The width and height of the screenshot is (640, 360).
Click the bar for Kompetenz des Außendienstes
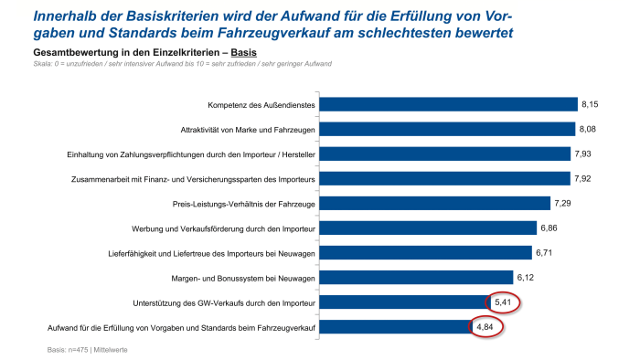click(447, 104)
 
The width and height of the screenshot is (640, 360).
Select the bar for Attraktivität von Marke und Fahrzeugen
click(446, 129)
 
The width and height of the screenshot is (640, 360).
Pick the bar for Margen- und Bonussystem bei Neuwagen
click(415, 277)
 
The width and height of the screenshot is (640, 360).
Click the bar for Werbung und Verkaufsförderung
click(427, 228)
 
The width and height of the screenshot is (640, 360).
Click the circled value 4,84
click(486, 326)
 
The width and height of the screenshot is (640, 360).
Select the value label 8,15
click(592, 104)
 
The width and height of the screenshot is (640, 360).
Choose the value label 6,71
click(546, 252)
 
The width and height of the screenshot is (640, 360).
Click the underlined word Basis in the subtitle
click(244, 53)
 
